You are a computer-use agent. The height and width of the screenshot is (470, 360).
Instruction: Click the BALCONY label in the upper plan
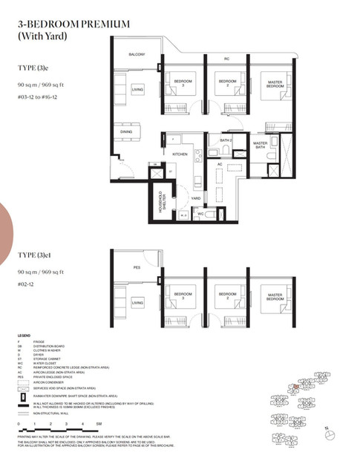tap(137, 55)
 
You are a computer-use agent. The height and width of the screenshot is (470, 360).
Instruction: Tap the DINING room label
tap(127, 132)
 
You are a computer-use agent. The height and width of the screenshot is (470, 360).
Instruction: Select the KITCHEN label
tap(180, 154)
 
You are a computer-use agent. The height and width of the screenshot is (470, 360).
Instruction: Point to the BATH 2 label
tap(226, 140)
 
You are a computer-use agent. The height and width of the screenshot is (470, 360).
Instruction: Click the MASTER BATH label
tap(260, 146)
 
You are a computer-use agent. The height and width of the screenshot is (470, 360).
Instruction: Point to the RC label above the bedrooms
tap(227, 59)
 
